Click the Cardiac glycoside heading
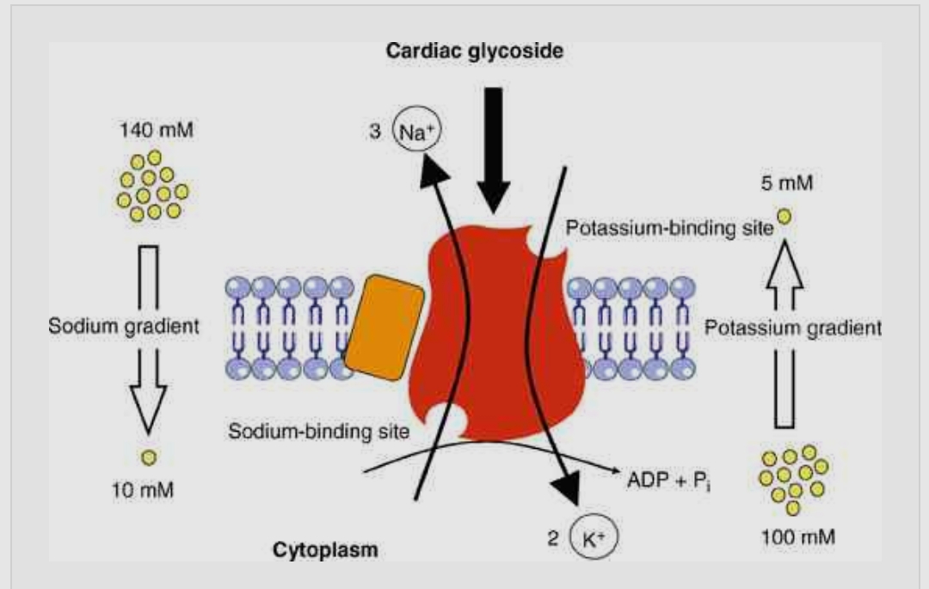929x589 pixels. pyautogui.click(x=475, y=51)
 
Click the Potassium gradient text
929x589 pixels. pyautogui.click(x=792, y=328)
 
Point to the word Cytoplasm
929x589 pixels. pyautogui.click(x=325, y=549)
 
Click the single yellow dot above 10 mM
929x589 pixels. pyautogui.click(x=147, y=457)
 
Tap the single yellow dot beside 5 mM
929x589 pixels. pyautogui.click(x=783, y=217)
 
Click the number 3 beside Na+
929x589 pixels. pyautogui.click(x=376, y=136)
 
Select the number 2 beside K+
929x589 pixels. pyautogui.click(x=555, y=538)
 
